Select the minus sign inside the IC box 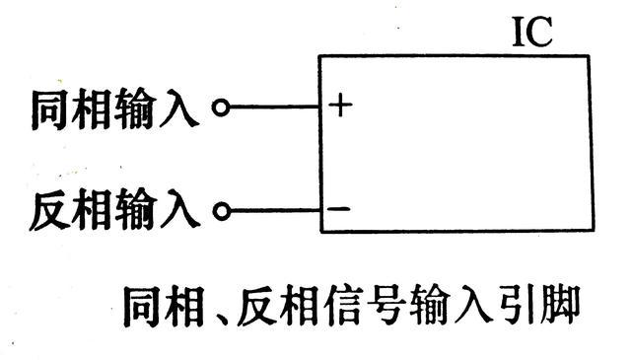point(337,209)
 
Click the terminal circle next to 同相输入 point(222,108)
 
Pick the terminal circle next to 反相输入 point(222,210)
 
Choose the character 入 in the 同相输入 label point(184,107)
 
